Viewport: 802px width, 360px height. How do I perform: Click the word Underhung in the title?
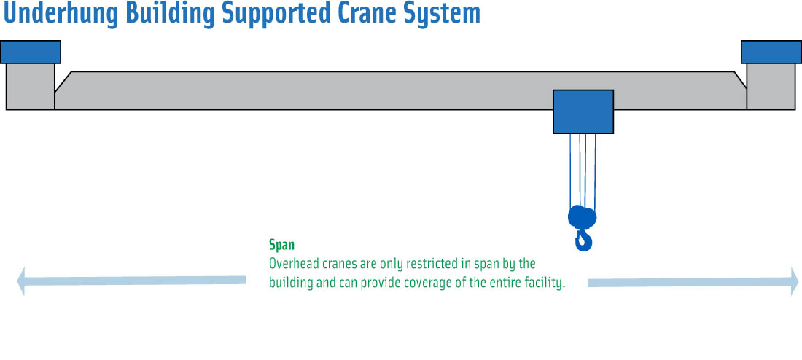pos(61,13)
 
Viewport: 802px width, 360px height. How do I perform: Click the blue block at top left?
pos(31,52)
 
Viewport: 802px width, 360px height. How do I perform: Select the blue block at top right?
pos(771,52)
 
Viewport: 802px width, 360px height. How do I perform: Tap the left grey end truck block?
pos(30,87)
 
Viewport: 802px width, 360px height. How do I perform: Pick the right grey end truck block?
pos(771,87)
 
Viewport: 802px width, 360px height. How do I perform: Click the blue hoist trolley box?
pos(583,112)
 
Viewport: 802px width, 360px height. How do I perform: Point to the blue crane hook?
pos(583,240)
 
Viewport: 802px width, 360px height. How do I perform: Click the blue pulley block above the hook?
pos(582,217)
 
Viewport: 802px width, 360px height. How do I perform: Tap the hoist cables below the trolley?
pos(583,170)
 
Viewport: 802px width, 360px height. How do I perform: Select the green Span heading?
pos(282,245)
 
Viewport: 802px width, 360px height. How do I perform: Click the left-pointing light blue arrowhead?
pos(21,281)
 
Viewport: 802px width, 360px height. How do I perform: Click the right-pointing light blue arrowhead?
pos(794,281)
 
